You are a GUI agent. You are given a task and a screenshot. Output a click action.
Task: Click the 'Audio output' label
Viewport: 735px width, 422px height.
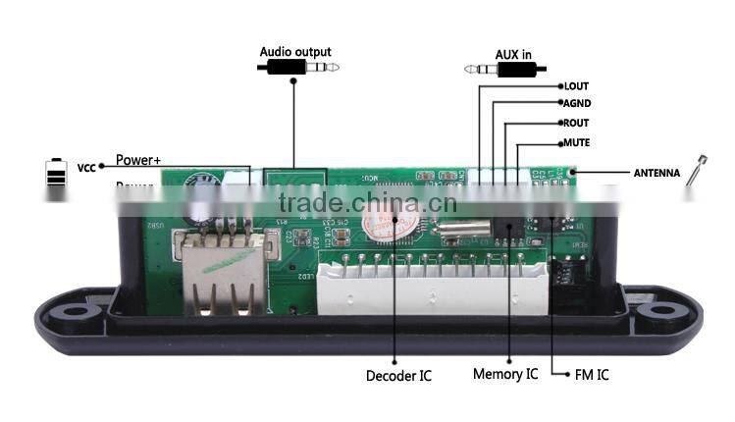click(295, 52)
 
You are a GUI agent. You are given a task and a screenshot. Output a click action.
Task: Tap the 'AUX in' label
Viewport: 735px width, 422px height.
click(515, 55)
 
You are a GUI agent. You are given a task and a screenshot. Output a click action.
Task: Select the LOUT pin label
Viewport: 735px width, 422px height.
click(576, 86)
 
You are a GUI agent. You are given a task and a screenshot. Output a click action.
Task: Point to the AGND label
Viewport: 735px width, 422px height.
click(576, 104)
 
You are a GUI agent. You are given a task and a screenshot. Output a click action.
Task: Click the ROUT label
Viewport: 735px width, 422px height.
click(576, 124)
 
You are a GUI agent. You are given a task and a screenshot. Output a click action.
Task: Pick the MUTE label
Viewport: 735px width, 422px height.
click(576, 143)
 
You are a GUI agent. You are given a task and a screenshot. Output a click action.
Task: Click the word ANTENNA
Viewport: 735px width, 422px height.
click(656, 173)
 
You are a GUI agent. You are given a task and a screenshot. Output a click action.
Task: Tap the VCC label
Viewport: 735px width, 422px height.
click(86, 168)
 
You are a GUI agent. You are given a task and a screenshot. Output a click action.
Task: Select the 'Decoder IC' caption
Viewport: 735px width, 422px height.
click(397, 376)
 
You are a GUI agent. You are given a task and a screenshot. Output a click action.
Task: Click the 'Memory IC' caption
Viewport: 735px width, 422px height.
click(505, 374)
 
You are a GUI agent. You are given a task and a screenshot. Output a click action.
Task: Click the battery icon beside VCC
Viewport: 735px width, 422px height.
click(55, 180)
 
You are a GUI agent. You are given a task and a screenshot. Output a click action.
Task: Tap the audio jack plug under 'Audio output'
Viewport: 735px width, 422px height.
click(298, 68)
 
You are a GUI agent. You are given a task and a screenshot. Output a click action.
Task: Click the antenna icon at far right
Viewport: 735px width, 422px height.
click(695, 177)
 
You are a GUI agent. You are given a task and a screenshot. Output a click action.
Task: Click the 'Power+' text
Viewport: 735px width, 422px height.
click(137, 160)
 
